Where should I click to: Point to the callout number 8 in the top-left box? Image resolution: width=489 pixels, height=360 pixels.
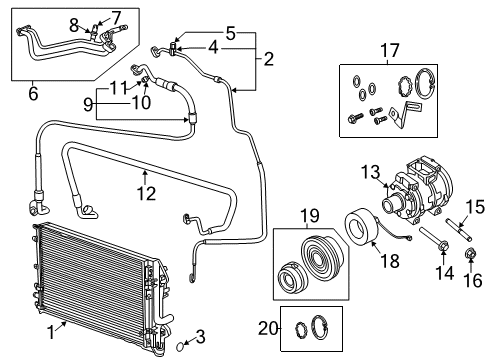click(73, 22)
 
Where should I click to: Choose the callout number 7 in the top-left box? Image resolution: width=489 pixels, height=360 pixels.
click(115, 16)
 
